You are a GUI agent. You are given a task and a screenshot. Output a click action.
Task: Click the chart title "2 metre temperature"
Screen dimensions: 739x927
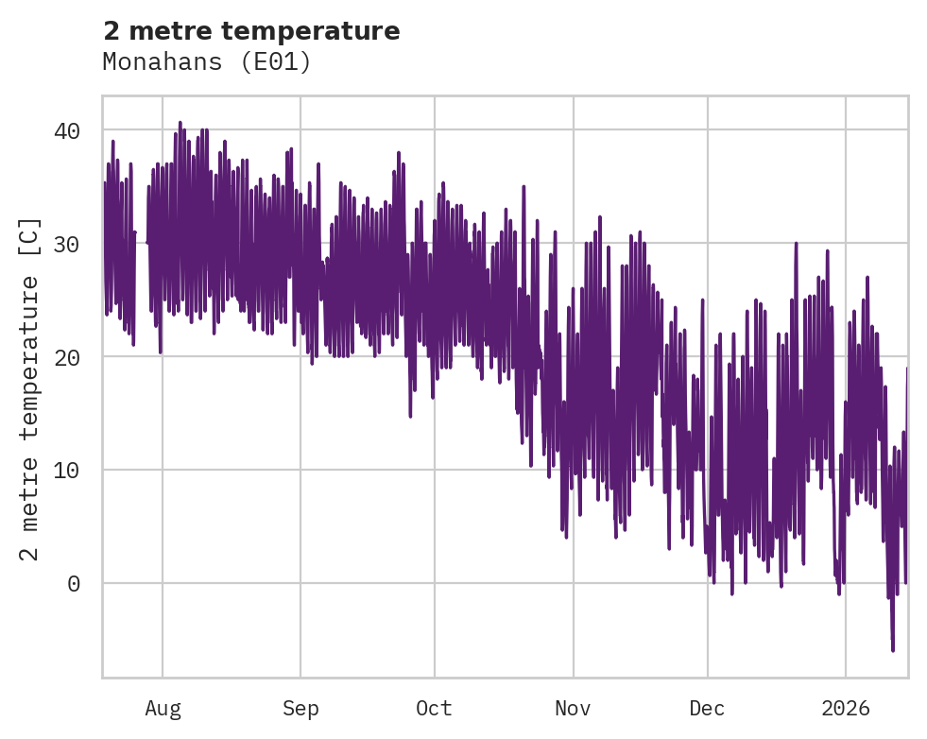point(251,31)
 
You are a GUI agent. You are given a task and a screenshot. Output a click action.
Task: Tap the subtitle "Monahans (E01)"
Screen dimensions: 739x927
point(206,62)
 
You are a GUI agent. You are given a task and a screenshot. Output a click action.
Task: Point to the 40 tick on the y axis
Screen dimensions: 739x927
point(73,130)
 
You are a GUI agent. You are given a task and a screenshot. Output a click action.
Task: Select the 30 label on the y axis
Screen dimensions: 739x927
point(73,244)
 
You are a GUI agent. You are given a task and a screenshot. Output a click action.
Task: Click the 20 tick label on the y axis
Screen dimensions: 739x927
point(73,357)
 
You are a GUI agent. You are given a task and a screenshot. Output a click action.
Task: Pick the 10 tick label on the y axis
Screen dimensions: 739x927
point(73,471)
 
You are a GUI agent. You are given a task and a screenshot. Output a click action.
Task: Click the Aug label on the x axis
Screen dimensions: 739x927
point(163,709)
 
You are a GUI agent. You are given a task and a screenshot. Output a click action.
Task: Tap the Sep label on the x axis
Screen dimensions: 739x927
point(300,709)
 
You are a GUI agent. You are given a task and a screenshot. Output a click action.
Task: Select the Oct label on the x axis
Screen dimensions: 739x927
point(435,709)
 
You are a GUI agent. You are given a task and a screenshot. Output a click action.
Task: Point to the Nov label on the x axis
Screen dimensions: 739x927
point(573,709)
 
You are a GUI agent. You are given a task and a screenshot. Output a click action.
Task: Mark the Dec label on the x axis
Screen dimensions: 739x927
point(707,709)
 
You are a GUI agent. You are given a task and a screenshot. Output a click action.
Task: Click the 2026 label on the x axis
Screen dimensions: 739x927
point(846,709)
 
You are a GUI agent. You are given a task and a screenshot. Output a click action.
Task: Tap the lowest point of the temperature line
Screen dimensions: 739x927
point(892,650)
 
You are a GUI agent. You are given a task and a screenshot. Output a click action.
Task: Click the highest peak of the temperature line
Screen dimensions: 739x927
point(180,123)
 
